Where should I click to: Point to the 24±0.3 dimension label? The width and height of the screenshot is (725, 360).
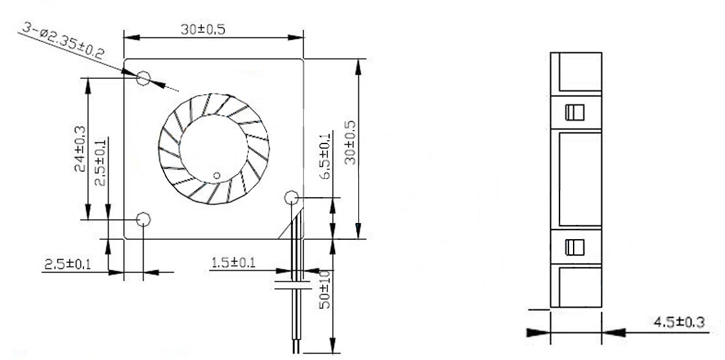[78, 149]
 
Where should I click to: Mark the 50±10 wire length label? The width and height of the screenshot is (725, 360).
[326, 290]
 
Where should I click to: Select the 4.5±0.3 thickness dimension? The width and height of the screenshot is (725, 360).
[676, 322]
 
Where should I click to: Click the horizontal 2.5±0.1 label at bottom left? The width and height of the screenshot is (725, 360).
[67, 264]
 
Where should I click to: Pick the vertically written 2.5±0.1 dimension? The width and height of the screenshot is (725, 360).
[100, 164]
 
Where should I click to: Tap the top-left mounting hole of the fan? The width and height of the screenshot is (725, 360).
[144, 79]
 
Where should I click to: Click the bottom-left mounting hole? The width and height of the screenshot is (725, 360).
[144, 220]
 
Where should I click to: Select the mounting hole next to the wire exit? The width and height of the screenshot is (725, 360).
[290, 197]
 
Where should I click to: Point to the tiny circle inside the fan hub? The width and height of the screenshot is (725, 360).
[217, 174]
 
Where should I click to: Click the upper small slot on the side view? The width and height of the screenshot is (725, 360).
[574, 112]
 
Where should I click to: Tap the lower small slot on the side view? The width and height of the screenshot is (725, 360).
[574, 246]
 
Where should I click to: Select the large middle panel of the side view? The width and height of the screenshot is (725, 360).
[579, 179]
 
